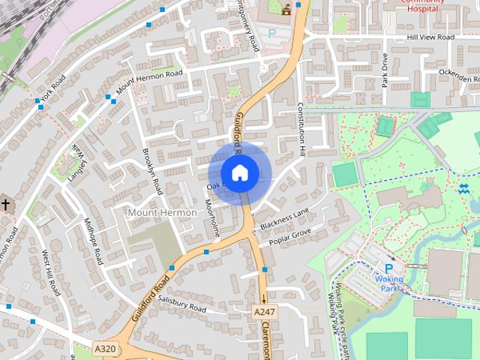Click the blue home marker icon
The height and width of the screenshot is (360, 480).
pos(239,172)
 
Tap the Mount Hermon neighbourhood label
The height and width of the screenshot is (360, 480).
pos(162,212)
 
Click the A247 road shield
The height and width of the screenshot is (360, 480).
pos(264,311)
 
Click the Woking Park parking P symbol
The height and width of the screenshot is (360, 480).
pos(388,268)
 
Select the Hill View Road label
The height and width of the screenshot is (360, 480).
pos(430,37)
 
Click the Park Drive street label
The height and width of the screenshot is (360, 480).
pos(384,70)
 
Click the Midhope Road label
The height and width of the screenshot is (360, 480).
pos(93,241)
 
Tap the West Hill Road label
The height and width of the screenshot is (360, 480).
pos(50,271)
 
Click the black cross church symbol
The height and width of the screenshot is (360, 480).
pos(5,204)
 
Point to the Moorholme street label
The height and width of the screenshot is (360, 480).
pos(213,218)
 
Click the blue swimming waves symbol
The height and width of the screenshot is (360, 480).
pos(463,187)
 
